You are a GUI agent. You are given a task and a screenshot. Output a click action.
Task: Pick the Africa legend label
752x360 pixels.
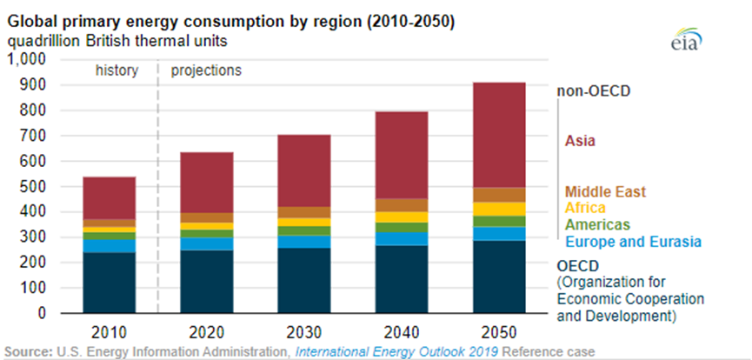coord(585,208)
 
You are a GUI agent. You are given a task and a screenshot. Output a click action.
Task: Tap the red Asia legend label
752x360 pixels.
coord(580,140)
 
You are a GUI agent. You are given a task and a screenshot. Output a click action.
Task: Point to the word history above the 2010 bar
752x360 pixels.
coord(116,70)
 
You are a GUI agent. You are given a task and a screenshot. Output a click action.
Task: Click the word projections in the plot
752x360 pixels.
coord(206,70)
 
